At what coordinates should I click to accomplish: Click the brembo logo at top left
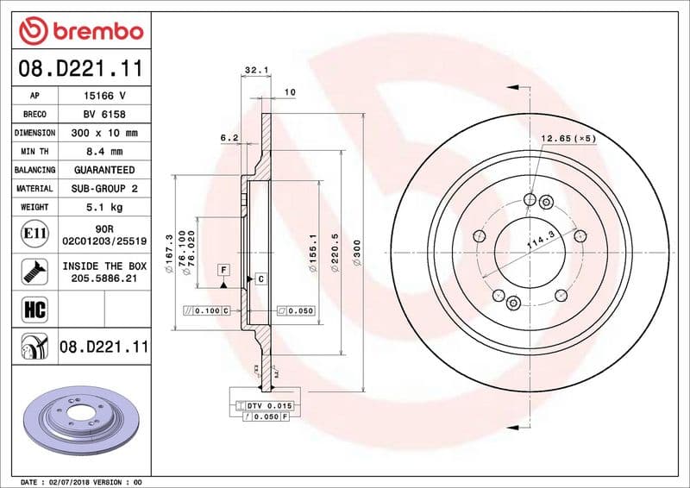[80, 32]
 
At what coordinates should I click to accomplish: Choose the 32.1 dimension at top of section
[253, 70]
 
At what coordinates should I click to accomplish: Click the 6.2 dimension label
[229, 137]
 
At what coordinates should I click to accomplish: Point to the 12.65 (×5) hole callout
[568, 138]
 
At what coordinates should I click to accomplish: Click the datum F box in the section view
[223, 270]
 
